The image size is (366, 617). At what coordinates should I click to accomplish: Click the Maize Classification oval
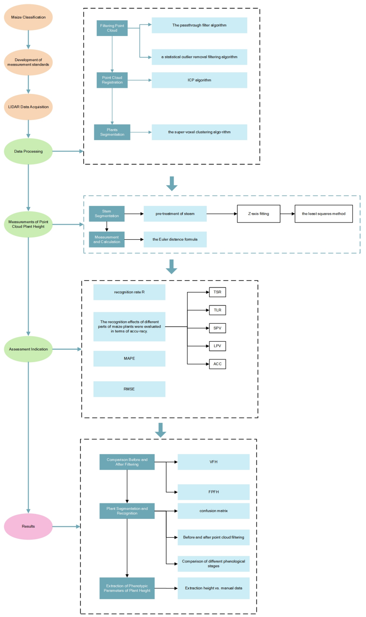(x=28, y=17)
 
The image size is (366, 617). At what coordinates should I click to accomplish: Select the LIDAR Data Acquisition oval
(x=28, y=107)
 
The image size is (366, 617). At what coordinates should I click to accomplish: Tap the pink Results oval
(x=28, y=526)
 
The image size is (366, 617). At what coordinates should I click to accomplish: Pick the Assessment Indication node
(x=28, y=349)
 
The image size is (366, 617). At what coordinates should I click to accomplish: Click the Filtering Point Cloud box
(x=112, y=28)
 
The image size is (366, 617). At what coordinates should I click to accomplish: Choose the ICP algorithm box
(x=199, y=80)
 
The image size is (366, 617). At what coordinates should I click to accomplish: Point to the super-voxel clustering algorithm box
(x=199, y=132)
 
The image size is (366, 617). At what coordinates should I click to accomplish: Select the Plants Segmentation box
(x=112, y=132)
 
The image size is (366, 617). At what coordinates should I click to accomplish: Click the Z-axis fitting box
(x=259, y=214)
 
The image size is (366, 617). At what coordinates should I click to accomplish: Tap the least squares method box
(x=323, y=214)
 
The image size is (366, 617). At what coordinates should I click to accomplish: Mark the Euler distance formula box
(x=175, y=239)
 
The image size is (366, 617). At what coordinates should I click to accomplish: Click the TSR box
(x=217, y=292)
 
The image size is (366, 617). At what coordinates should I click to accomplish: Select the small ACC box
(x=217, y=364)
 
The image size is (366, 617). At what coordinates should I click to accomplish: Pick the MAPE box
(x=129, y=359)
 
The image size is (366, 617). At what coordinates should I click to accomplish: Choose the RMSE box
(x=129, y=389)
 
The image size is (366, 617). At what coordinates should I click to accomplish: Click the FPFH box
(x=214, y=492)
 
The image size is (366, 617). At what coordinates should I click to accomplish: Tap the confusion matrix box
(x=214, y=511)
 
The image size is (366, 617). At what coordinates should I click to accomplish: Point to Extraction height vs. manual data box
(x=214, y=588)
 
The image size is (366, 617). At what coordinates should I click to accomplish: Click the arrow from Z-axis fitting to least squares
(x=287, y=214)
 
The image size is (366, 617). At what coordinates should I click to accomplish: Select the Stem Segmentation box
(x=107, y=214)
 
